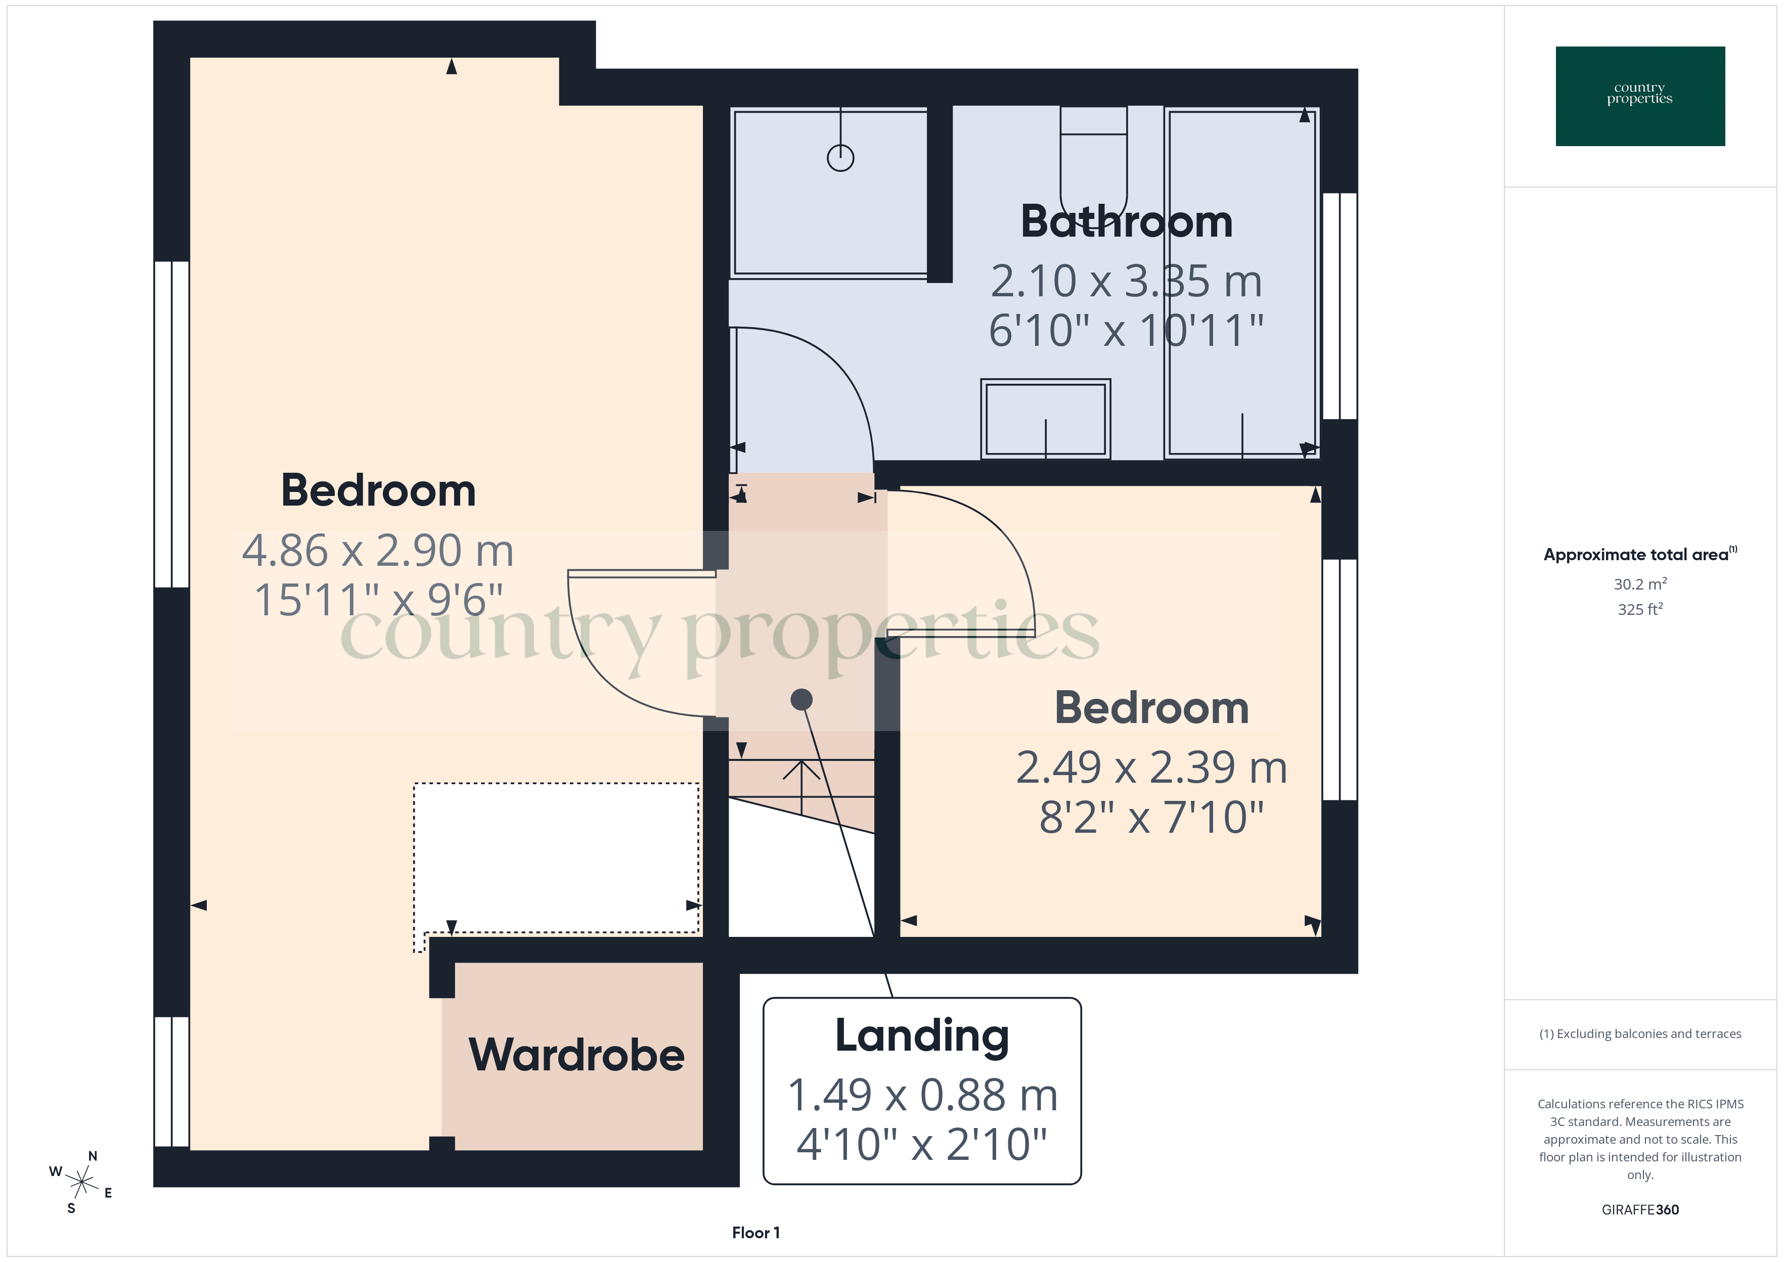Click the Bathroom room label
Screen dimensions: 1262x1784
point(1126,222)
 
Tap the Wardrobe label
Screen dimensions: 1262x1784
point(576,1055)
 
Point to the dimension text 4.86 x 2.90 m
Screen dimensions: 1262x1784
point(378,551)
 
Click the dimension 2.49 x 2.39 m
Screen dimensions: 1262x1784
point(1151,768)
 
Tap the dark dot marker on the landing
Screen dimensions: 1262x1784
point(801,699)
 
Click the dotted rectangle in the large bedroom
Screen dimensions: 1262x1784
point(556,858)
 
